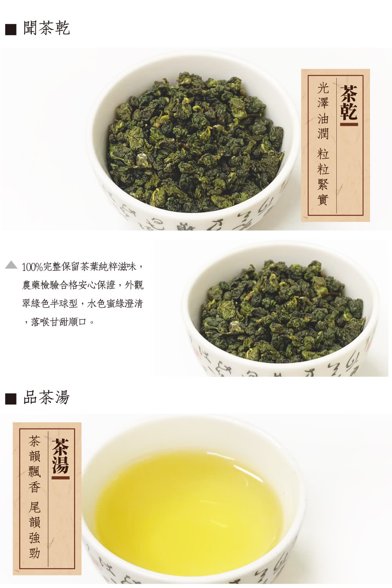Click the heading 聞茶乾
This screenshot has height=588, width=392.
click(x=47, y=28)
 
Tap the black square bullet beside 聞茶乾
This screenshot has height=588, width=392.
click(x=11, y=29)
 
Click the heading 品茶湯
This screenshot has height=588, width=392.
click(x=47, y=397)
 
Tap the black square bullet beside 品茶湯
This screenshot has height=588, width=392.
click(x=11, y=399)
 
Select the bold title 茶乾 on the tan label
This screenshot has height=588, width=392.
click(x=349, y=103)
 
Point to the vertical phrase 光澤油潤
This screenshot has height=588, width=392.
click(x=323, y=112)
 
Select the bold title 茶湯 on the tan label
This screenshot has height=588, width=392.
click(x=60, y=456)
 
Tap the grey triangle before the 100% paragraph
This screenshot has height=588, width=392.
click(x=11, y=266)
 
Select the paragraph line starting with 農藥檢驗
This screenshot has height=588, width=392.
click(x=83, y=285)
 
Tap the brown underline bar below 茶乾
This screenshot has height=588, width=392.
click(x=349, y=125)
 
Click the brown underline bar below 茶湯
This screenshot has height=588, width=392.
click(x=60, y=478)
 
